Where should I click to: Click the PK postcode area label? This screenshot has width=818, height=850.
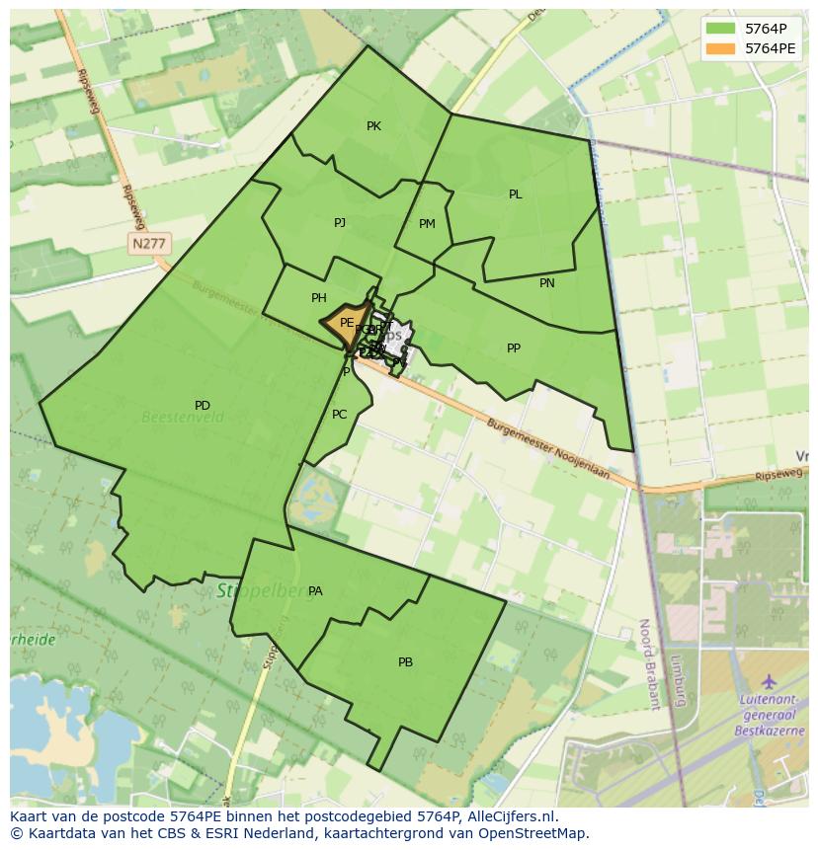coord(373,126)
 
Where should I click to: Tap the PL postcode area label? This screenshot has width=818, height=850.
coord(515,194)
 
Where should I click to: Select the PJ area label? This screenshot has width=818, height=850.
coord(340,223)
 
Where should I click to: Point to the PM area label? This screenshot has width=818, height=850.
coord(427,224)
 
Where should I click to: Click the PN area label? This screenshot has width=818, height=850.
coord(547,283)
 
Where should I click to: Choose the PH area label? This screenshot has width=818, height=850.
coord(319,298)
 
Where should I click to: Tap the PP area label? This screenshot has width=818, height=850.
coord(514,348)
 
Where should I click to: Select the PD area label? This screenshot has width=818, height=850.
coord(203,406)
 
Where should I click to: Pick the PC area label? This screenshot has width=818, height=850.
coord(340,415)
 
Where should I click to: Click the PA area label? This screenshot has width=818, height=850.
coord(315,591)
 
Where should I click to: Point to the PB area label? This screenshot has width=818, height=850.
coord(405,662)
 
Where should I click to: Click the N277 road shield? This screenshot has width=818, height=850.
coord(149,243)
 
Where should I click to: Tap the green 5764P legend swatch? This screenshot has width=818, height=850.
coord(721,29)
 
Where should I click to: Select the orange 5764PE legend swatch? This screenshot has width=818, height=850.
coord(721,48)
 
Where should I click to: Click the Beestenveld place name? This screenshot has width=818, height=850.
coord(183,418)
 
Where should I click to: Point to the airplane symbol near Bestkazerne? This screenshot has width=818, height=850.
coord(770,682)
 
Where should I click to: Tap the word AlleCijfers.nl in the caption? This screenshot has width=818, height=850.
coord(515,816)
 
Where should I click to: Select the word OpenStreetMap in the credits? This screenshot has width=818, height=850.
coord(533,833)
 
